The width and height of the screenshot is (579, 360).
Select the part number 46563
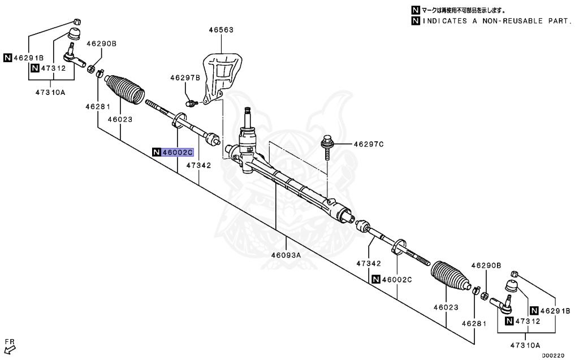coord(221,29)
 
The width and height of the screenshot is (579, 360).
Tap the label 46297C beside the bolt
coord(369,145)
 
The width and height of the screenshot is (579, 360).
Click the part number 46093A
coord(286,255)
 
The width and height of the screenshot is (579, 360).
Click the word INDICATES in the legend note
coord(445,21)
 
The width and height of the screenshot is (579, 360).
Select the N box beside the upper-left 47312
coord(35,68)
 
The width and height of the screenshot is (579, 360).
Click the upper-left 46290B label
coord(101,43)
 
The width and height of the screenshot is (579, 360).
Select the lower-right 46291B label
coord(556,311)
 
